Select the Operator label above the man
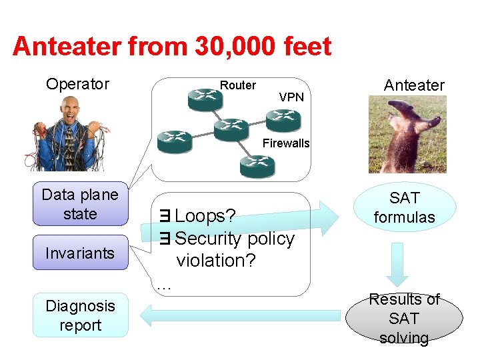(x=77, y=84)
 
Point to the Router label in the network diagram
(x=237, y=85)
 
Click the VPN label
(x=291, y=97)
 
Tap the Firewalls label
(x=286, y=143)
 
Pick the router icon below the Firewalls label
(x=257, y=166)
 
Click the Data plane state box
(x=80, y=204)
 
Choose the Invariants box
(x=80, y=253)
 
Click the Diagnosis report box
(x=80, y=315)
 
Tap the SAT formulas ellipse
(x=404, y=207)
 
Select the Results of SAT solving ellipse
(x=404, y=319)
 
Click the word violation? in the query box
(x=216, y=261)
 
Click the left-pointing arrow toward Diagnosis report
(x=240, y=315)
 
